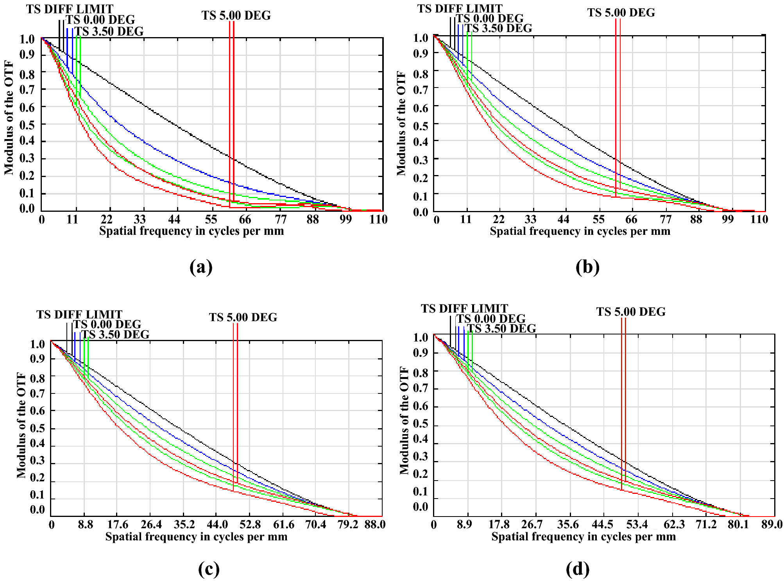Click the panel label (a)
tap(201, 268)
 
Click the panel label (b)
tap(587, 268)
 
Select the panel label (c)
tap(209, 569)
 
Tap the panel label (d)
tap(577, 569)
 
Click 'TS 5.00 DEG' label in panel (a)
tap(236, 16)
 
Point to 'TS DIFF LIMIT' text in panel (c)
tap(79, 315)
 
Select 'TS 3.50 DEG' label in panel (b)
tap(498, 28)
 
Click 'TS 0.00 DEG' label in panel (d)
tap(491, 319)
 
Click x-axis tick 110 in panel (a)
tap(378, 220)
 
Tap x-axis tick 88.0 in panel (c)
tap(375, 524)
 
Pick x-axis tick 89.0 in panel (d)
tap(771, 524)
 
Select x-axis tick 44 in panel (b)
tap(563, 220)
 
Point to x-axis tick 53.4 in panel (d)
tap(637, 524)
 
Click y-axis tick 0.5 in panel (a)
tap(27, 125)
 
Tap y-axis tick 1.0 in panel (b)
tap(421, 38)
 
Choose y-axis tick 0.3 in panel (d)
tap(420, 456)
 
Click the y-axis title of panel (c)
tap(21, 425)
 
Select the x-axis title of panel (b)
tap(580, 231)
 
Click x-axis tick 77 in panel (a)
tap(281, 220)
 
